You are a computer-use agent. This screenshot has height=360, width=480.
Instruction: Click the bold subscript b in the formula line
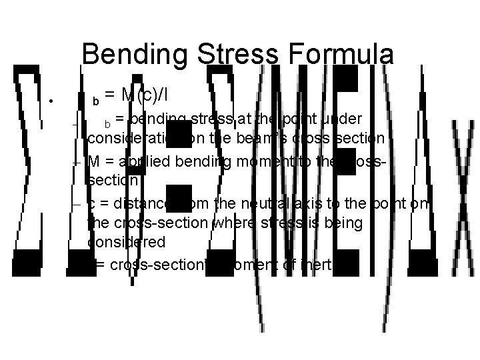click(x=96, y=102)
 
